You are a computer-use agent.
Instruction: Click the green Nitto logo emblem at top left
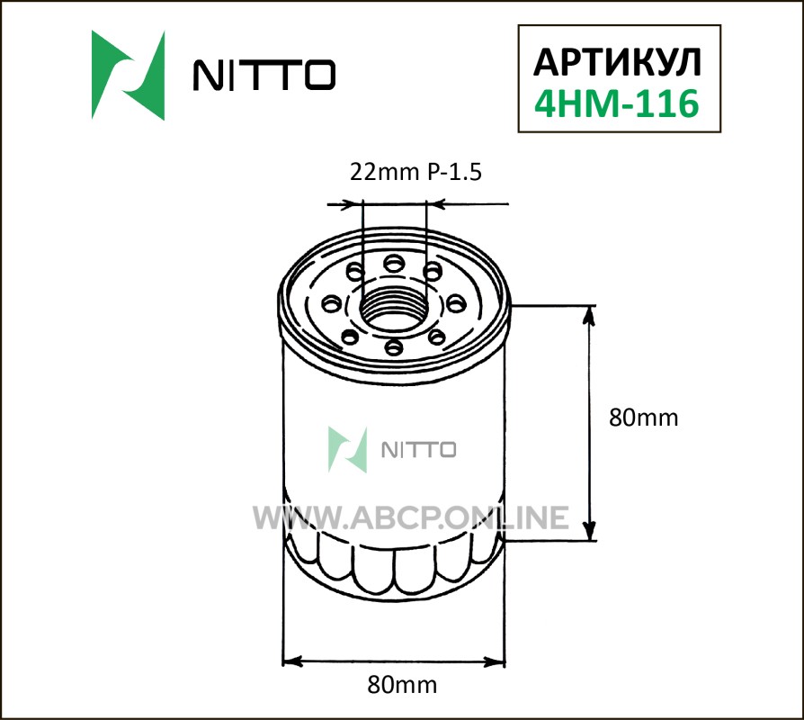129,76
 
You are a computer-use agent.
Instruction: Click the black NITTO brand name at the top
264,75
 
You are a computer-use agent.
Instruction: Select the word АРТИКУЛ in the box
617,63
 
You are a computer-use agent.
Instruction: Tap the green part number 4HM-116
617,103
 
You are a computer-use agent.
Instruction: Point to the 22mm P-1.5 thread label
415,173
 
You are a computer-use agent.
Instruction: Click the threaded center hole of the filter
393,310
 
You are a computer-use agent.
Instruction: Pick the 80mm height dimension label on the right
644,418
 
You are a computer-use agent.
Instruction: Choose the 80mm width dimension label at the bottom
402,685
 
